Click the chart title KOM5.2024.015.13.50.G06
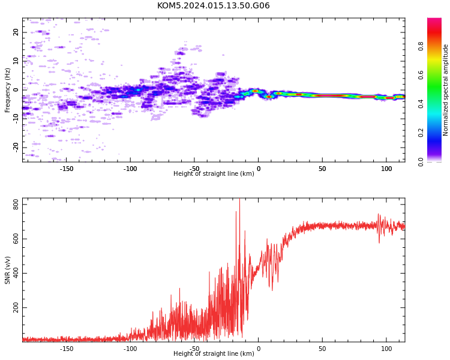(x=213, y=5)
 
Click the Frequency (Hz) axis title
(x=7, y=90)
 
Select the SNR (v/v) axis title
(x=7, y=270)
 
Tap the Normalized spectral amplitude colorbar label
(x=445, y=90)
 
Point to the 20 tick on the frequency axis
(x=16, y=32)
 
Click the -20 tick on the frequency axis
(x=16, y=148)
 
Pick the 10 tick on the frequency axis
(x=16, y=61)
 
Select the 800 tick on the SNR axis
(x=16, y=205)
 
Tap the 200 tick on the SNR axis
(x=16, y=307)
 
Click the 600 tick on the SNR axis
(x=16, y=239)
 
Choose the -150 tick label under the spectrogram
(x=66, y=169)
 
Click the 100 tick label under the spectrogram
(x=386, y=169)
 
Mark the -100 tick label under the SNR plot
(x=130, y=349)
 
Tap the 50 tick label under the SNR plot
(x=322, y=349)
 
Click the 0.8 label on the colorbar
(x=421, y=46)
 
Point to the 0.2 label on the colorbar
(x=421, y=133)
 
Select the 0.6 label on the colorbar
(x=421, y=75)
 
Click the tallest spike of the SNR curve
(x=239, y=199)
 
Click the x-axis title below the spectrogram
(x=214, y=173)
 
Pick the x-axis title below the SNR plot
(x=214, y=353)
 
